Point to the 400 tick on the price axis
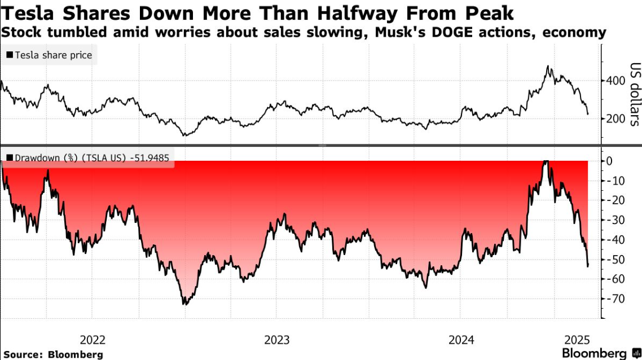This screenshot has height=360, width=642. tap(615, 81)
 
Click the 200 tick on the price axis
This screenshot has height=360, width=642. tap(615, 118)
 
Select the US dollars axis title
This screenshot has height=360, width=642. tap(635, 93)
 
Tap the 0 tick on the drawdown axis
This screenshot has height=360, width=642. tap(609, 161)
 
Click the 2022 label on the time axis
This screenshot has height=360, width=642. tap(93, 340)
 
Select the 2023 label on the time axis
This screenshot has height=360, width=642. tap(277, 340)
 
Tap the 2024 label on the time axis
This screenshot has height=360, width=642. tap(461, 340)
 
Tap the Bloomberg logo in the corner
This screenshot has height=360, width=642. tap(598, 353)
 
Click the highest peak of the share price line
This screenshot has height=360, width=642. tap(547, 66)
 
